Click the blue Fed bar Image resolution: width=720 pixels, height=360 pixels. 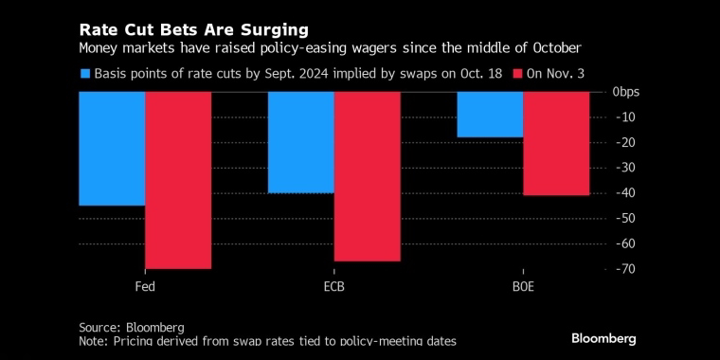[x=112, y=149]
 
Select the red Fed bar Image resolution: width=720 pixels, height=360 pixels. [x=178, y=180]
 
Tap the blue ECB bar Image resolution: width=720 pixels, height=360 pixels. [x=301, y=142]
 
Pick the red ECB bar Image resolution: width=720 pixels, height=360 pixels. [x=368, y=176]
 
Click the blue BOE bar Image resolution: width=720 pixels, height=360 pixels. [x=491, y=115]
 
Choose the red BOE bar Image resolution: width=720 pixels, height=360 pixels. [x=556, y=143]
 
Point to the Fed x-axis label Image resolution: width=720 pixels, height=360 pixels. [x=145, y=287]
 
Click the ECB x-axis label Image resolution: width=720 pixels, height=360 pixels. [x=333, y=287]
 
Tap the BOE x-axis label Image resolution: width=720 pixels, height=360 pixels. [x=524, y=287]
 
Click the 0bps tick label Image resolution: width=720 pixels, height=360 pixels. [x=626, y=92]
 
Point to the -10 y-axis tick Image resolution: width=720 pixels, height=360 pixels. [x=624, y=117]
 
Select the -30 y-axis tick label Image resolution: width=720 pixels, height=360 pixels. [x=624, y=168]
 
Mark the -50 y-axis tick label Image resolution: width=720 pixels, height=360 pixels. [x=624, y=218]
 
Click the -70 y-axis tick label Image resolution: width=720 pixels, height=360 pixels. [x=624, y=269]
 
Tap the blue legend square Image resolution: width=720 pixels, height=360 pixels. [x=84, y=74]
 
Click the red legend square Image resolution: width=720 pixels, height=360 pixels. [x=516, y=74]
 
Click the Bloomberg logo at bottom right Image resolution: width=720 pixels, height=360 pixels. [x=603, y=339]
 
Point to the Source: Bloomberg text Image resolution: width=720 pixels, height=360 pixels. [x=132, y=328]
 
